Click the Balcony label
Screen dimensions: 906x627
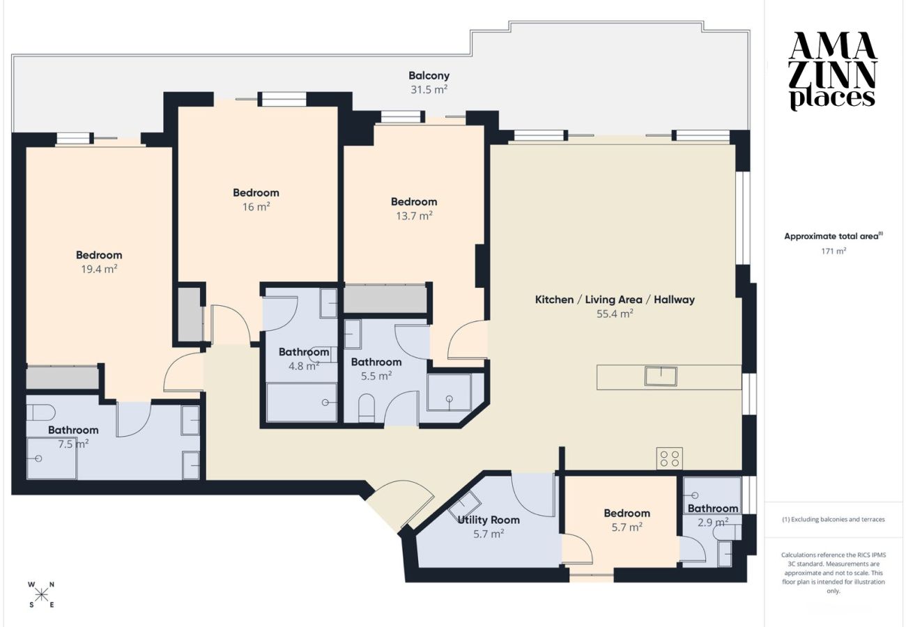coord(429,76)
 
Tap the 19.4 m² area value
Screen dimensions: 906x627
coord(99,269)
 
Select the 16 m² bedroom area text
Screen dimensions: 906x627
coord(256,207)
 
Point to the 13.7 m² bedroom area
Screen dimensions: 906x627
coord(414,215)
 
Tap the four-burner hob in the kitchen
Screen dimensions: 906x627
coord(669,458)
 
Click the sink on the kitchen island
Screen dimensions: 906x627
coord(661,376)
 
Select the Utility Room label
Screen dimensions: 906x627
coord(488,520)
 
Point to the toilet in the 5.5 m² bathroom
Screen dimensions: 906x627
coord(367,408)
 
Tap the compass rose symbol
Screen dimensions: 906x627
coord(41,595)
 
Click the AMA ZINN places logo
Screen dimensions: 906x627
coord(834,72)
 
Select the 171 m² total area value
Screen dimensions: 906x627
coord(834,251)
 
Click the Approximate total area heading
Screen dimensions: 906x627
coord(834,236)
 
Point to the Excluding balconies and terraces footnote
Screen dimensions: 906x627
coord(834,520)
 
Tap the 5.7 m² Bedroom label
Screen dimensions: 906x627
coord(627,513)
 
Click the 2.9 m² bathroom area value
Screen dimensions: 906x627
coord(713,522)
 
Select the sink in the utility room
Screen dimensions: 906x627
coord(464,504)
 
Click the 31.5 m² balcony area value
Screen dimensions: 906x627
coord(429,89)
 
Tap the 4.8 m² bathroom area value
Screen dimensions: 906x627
coord(304,366)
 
